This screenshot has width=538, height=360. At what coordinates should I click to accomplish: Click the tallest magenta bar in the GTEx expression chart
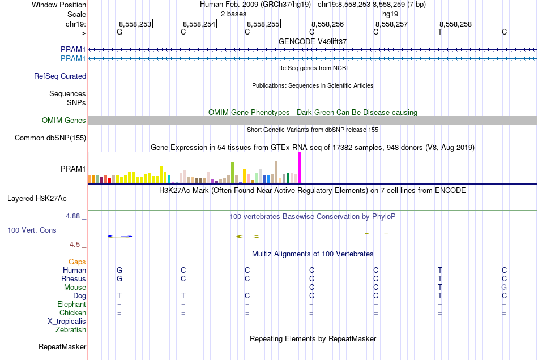300,168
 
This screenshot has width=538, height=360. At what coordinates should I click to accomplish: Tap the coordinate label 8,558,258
455,24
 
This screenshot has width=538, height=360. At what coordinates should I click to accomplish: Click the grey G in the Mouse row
504,288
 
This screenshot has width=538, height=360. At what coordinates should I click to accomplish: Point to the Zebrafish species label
70,329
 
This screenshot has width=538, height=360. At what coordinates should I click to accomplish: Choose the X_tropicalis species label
67,321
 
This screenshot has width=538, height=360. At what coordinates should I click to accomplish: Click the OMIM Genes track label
64,120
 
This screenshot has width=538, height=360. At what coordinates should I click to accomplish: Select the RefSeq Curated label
60,76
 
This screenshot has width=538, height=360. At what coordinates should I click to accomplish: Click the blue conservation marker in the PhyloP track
119,236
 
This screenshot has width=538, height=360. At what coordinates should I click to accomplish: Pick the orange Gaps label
77,262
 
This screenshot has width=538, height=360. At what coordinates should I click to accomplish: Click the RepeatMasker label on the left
62,346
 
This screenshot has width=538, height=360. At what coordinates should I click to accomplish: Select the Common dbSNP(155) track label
50,138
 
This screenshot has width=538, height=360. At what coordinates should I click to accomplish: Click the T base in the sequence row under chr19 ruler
440,32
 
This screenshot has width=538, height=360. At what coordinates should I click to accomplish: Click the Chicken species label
72,312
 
